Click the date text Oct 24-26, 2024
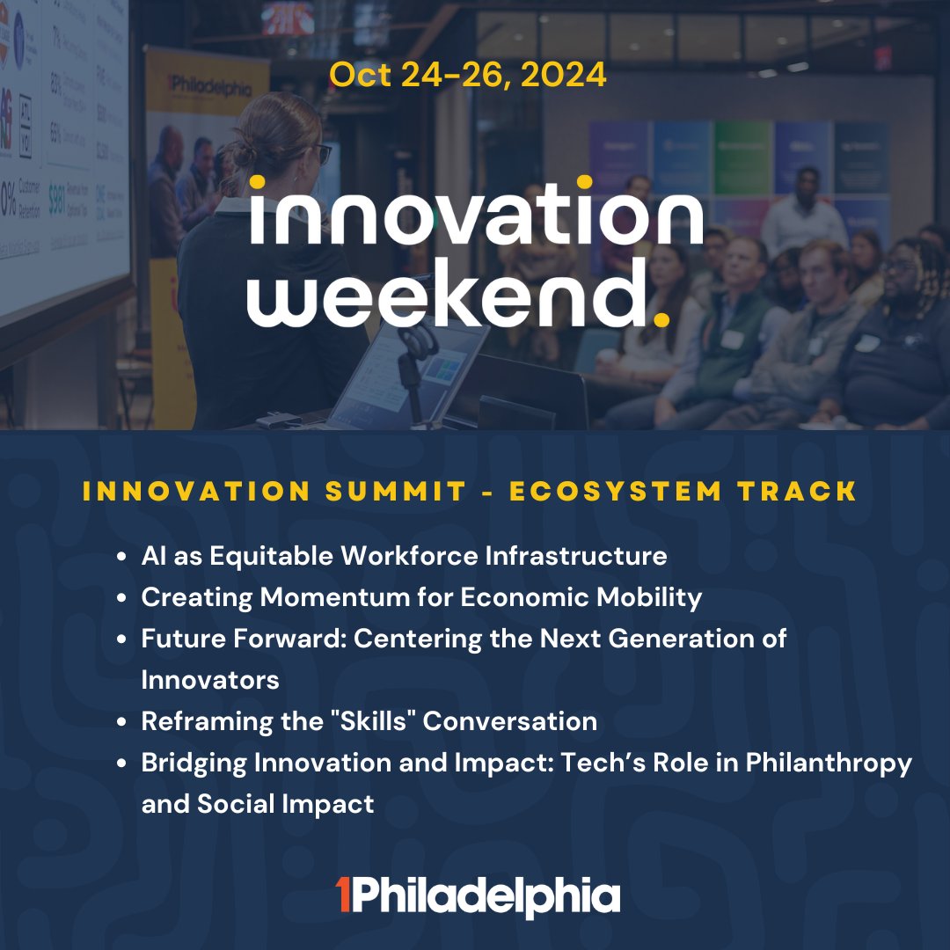[x=467, y=76]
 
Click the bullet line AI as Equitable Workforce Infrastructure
[x=404, y=556]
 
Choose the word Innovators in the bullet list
[x=210, y=680]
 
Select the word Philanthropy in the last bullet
[x=829, y=763]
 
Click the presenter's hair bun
[x=261, y=132]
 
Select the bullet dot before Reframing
[x=124, y=722]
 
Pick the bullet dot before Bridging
[x=124, y=764]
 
